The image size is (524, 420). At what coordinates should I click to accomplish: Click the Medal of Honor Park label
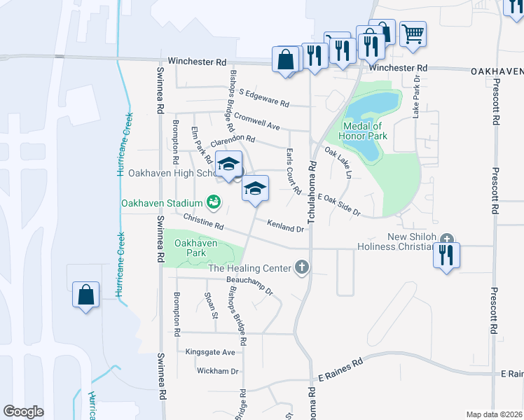coord(364,130)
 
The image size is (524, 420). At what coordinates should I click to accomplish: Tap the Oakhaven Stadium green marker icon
coord(215,203)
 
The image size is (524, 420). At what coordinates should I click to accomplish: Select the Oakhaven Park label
coord(195,248)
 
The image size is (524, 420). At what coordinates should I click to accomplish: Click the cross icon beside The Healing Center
coord(302,267)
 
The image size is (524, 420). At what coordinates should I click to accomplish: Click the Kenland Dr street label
coord(285,225)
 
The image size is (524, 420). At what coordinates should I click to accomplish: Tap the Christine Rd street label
coord(203,222)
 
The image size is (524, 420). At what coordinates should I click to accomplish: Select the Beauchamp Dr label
coord(249,283)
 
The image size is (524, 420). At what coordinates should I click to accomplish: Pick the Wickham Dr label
coord(218,371)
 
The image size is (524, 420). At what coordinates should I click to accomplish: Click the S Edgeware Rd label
coord(263,97)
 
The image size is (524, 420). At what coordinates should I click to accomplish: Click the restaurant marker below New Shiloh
coord(446,255)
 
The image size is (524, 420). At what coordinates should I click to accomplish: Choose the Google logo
coord(24,411)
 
